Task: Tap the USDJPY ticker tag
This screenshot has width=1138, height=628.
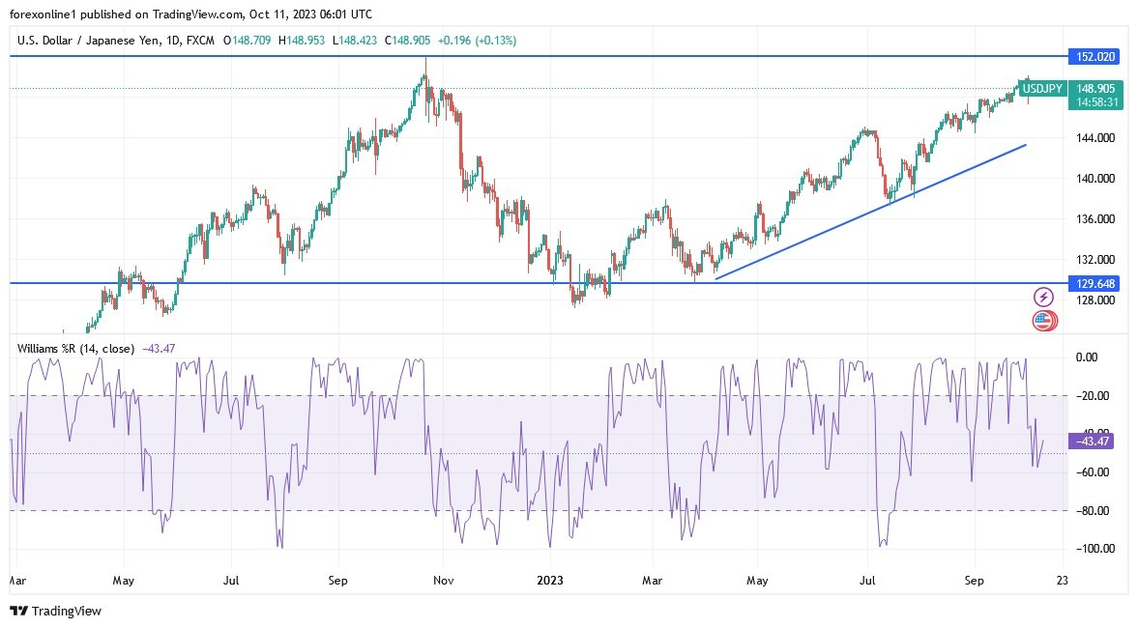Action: tap(1043, 89)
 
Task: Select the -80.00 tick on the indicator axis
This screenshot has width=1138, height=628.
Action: tap(1093, 510)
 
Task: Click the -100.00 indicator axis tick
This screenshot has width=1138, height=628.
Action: tap(1093, 549)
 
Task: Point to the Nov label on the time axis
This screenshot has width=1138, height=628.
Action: tap(442, 582)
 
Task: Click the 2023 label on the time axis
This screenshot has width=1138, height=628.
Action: tap(550, 582)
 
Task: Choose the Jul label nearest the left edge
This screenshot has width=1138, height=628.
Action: tap(230, 582)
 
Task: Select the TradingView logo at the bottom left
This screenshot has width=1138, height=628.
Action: tap(55, 611)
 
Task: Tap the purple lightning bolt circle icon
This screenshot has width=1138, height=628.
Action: tap(1043, 297)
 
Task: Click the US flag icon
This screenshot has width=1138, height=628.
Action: tap(1043, 320)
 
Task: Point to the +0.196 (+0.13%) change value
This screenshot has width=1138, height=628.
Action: tap(477, 41)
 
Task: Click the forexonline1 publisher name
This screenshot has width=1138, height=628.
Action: tap(46, 14)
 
